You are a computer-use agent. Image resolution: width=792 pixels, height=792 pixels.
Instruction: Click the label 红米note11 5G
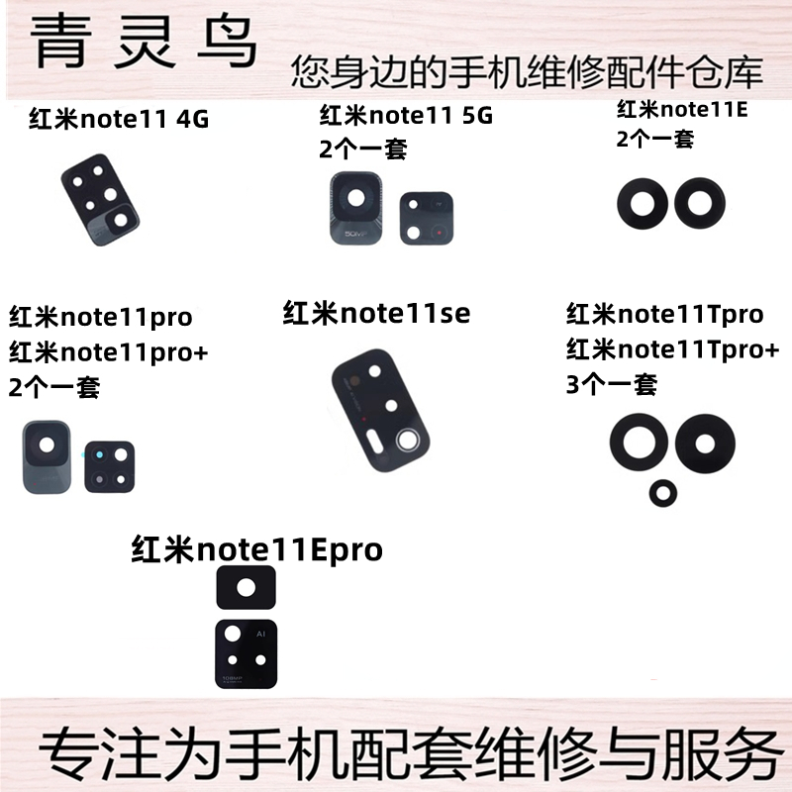click(x=406, y=115)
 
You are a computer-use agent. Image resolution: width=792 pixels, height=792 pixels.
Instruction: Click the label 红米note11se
click(x=376, y=314)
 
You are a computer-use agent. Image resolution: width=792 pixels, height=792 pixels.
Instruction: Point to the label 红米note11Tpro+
click(x=673, y=348)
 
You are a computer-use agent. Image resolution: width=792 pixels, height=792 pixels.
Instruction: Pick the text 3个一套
click(x=611, y=383)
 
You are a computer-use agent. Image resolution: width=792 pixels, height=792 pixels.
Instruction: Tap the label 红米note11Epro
click(x=256, y=549)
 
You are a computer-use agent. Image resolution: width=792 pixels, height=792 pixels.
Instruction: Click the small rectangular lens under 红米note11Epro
click(x=247, y=587)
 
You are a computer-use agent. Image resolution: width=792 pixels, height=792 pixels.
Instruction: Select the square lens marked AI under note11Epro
click(x=246, y=651)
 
